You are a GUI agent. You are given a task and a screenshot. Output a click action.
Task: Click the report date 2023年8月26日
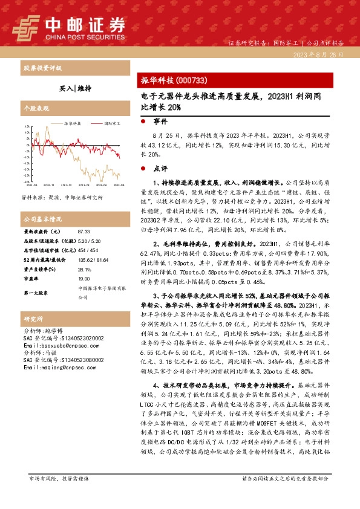pyautogui.click(x=321, y=54)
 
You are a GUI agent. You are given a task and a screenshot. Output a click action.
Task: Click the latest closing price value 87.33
pyautogui.click(x=85, y=232)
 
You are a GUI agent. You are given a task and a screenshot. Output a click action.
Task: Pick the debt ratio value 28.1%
pyautogui.click(x=85, y=270)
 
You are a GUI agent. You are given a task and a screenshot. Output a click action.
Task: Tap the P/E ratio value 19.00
pyautogui.click(x=84, y=279)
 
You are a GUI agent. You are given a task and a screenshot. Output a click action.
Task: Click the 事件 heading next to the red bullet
pyautogui.click(x=161, y=122)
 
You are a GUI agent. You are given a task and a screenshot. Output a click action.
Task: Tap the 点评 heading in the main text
pyautogui.click(x=161, y=168)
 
